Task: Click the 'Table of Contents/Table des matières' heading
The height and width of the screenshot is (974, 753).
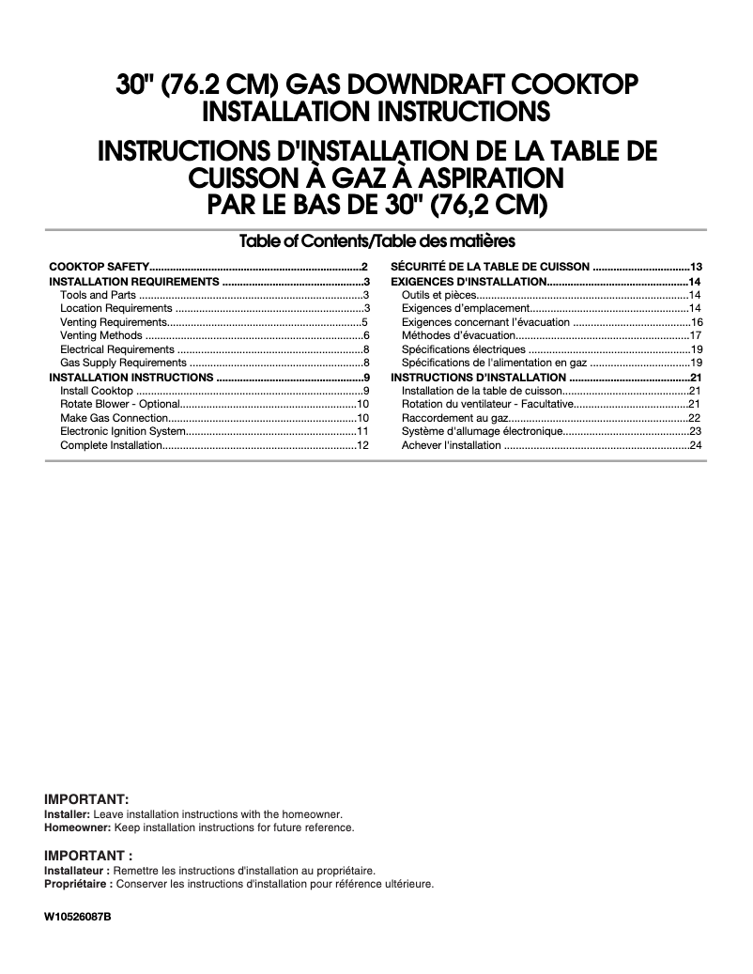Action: [x=376, y=240]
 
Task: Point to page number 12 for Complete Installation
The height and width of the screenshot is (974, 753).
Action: [x=361, y=445]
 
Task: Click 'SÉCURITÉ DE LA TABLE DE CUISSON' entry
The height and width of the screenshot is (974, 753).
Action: [x=489, y=268]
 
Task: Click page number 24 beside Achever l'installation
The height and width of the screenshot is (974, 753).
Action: [x=697, y=445]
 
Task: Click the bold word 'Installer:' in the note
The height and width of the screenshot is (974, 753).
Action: [x=68, y=813]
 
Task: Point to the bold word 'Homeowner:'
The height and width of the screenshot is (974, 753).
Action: [x=78, y=827]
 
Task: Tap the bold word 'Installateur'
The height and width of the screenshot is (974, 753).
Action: [x=75, y=871]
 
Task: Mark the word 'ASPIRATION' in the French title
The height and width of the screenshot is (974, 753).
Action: [x=477, y=177]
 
